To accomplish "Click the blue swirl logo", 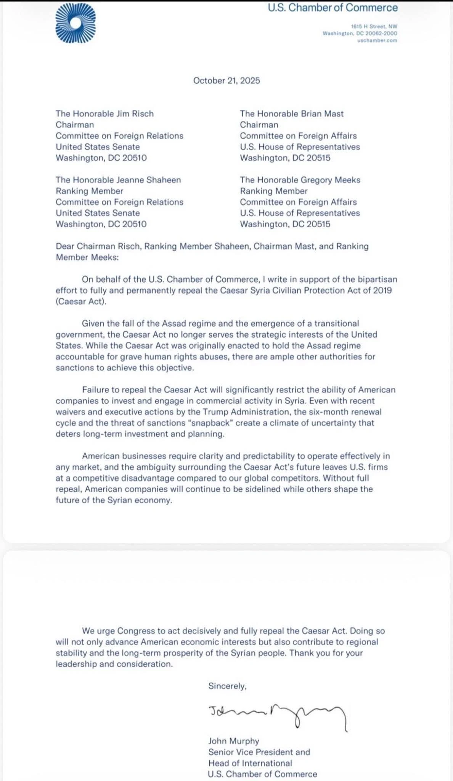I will coord(75,24).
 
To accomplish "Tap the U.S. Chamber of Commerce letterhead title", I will coord(333,8).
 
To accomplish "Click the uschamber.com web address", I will coord(377,40).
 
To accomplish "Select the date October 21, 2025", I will coord(226,80).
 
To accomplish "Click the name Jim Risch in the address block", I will coord(135,114).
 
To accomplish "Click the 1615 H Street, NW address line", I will coord(374,26).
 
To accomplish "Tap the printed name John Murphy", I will coord(234,741).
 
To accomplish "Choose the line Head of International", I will coord(250,763).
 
